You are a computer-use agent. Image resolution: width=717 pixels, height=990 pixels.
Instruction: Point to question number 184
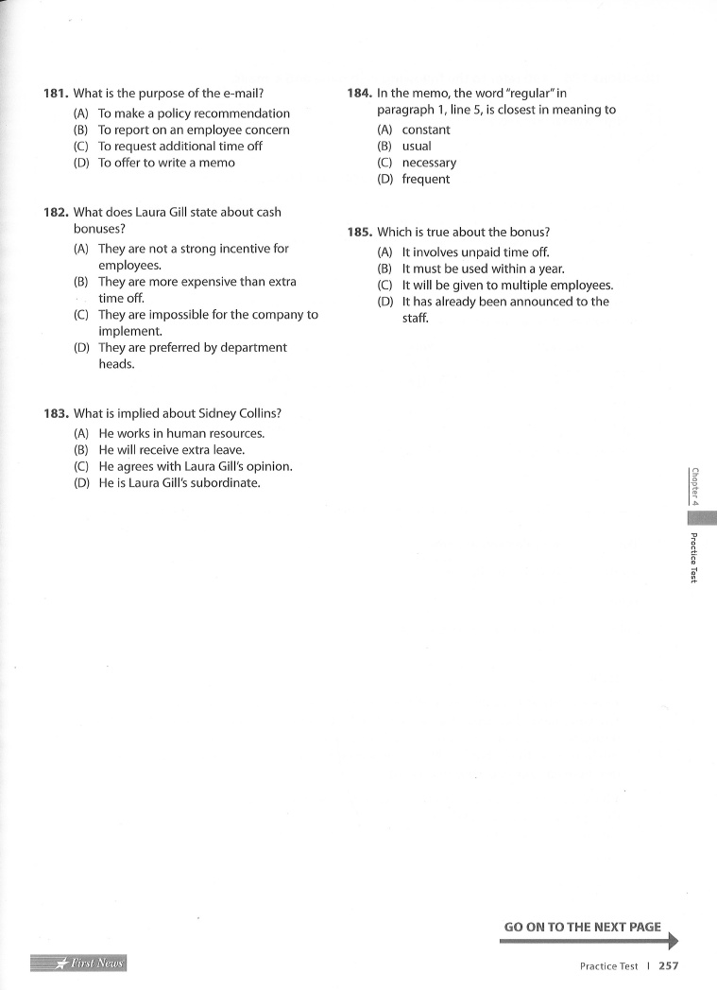[x=359, y=94]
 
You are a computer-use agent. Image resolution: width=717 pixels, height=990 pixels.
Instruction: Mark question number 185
[x=359, y=232]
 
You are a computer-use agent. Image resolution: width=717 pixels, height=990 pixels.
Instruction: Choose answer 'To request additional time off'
[x=180, y=147]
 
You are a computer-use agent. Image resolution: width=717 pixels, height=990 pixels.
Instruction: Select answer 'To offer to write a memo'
[x=167, y=163]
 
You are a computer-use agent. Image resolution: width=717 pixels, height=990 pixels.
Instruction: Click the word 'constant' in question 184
[x=426, y=130]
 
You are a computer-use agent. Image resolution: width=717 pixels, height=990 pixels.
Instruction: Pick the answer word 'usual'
[x=417, y=147]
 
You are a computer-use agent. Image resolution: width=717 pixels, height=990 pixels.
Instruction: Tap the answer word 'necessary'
[x=429, y=163]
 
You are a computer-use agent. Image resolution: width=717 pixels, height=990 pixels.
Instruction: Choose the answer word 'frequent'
[x=426, y=180]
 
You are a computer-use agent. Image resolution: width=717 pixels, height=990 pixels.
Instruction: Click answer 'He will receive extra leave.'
[x=172, y=450]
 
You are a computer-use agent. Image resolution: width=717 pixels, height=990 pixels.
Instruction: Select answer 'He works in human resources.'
[x=181, y=434]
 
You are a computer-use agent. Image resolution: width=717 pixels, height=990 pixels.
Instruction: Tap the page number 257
[x=669, y=966]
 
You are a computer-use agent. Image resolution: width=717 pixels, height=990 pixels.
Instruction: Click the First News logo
[x=79, y=964]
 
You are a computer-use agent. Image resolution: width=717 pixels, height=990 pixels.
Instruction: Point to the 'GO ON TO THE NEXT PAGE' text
[x=583, y=927]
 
